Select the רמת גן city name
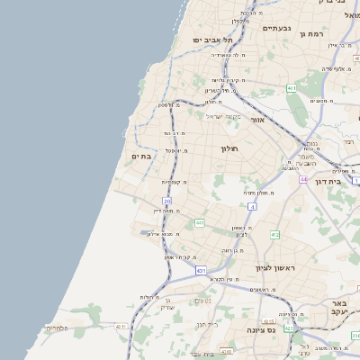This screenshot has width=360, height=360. coord(311,33)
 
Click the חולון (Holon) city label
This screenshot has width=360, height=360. coord(229,149)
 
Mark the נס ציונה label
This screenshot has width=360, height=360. coord(258,330)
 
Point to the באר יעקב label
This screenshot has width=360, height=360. coord(339,309)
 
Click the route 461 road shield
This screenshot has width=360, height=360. coord(292,87)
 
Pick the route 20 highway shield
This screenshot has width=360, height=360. coord(167,201)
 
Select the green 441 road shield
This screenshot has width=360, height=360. coord(199,222)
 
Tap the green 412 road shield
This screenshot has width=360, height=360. coord(274,235)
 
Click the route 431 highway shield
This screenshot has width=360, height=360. coord(200,270)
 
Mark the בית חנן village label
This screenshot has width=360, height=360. coord(207,325)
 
